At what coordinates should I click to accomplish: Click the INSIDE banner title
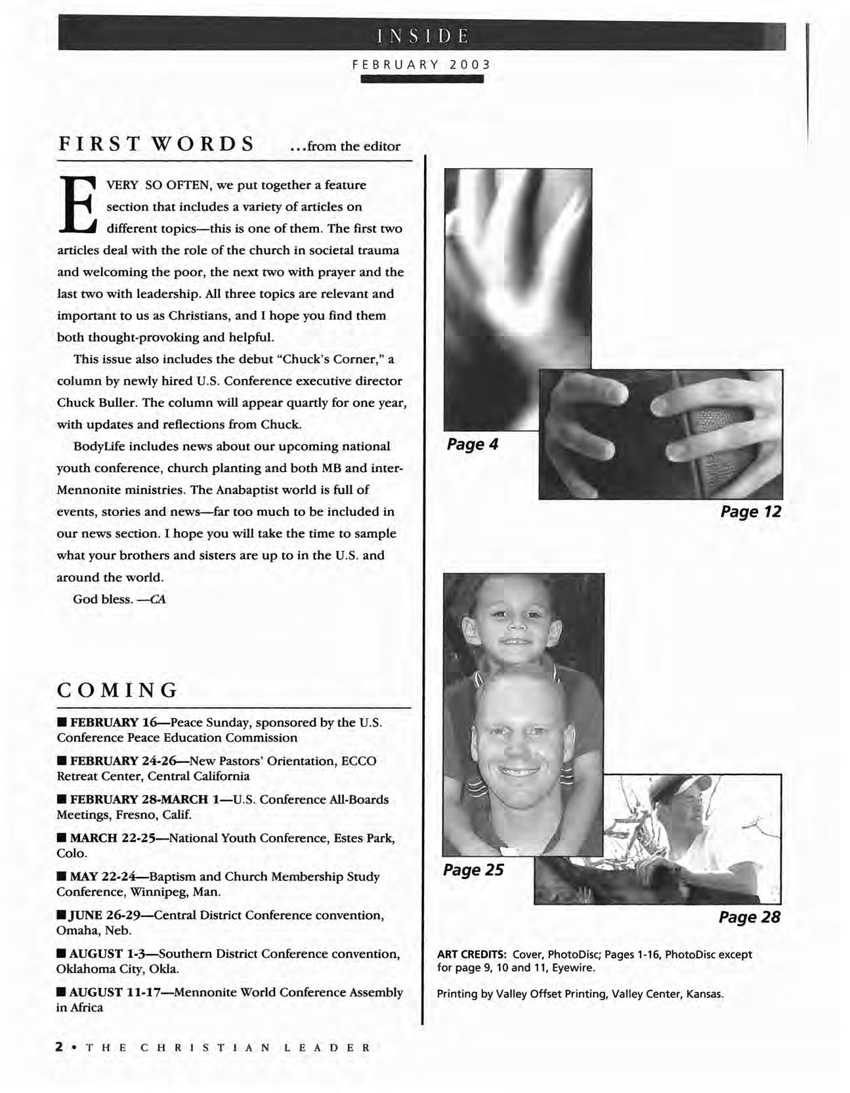tap(422, 35)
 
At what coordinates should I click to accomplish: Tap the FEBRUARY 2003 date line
tap(421, 65)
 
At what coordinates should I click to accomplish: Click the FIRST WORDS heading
tap(156, 144)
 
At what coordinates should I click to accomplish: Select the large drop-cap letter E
tap(78, 205)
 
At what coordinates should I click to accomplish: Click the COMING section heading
tap(118, 690)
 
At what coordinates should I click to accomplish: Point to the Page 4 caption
tap(473, 444)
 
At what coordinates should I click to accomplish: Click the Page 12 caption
tap(751, 511)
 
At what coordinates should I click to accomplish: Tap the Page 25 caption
tap(473, 870)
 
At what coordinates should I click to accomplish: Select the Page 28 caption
tap(750, 917)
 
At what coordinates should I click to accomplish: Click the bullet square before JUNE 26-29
tap(61, 916)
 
